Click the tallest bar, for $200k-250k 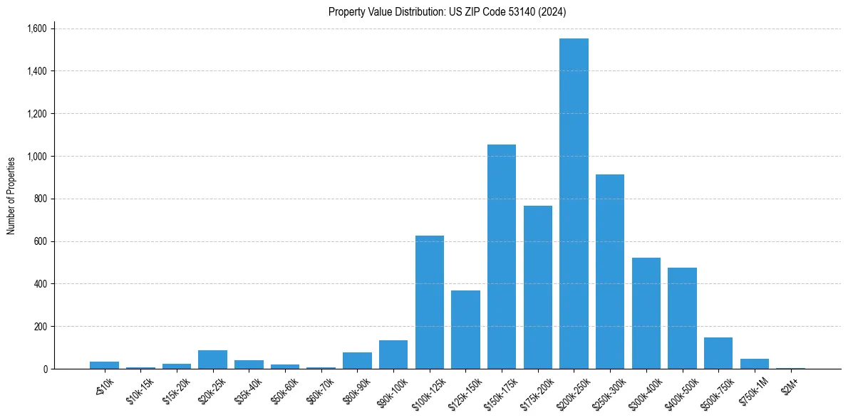[574, 204]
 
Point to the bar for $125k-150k [465, 330]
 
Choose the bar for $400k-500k [682, 318]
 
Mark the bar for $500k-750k [718, 353]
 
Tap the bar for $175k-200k [538, 288]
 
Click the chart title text [448, 11]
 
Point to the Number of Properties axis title [11, 196]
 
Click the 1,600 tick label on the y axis [36, 28]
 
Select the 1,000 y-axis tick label [36, 156]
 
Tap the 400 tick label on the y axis [40, 284]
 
